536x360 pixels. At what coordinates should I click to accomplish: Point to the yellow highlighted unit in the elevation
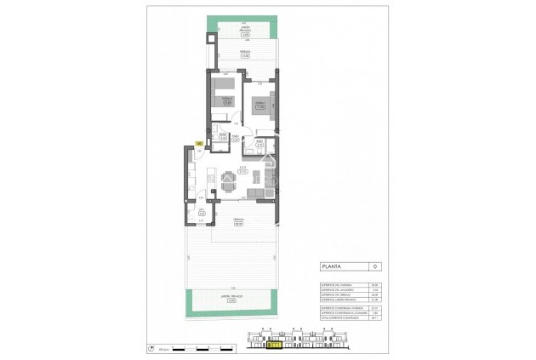click(275, 345)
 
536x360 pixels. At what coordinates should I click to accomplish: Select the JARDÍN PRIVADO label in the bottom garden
click(231, 297)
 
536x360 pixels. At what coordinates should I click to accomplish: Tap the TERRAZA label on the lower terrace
click(242, 220)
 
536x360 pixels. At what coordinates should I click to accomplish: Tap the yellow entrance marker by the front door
click(199, 143)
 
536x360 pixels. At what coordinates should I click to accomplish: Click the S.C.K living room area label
click(242, 169)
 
